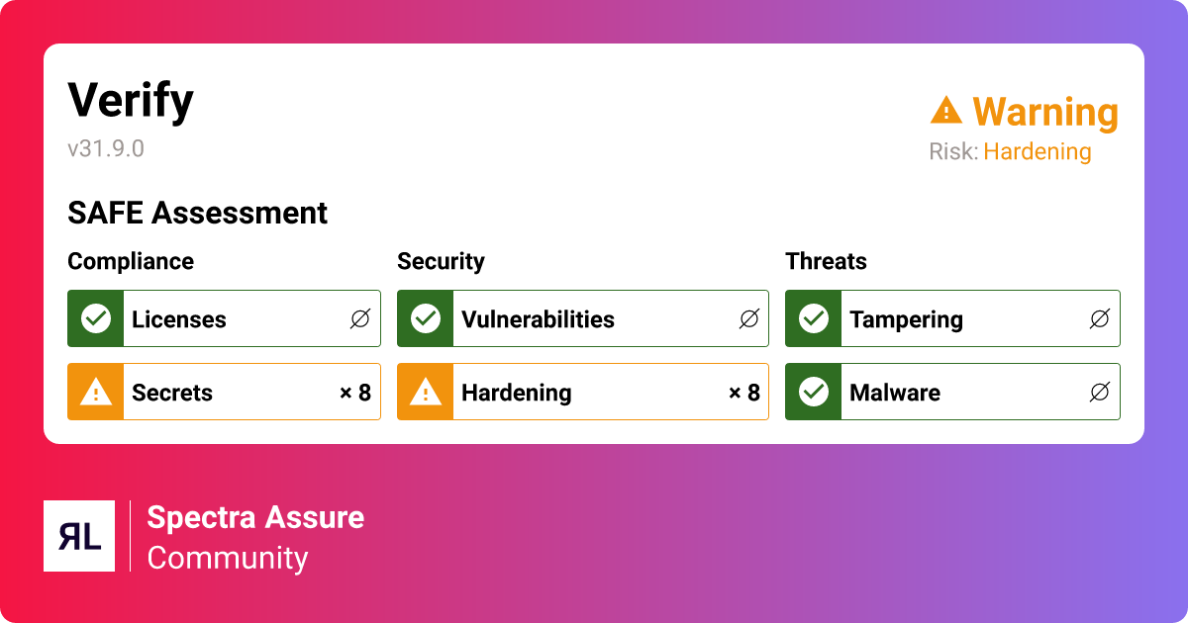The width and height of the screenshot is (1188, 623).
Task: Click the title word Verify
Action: click(x=130, y=101)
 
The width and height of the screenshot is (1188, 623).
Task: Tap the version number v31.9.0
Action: click(x=106, y=148)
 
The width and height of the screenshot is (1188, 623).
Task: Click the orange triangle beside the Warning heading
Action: click(x=946, y=111)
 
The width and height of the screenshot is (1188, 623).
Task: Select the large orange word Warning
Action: click(x=1045, y=113)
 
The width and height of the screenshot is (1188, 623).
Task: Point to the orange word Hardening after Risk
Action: click(x=1037, y=152)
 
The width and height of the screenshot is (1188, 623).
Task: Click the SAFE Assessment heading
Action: click(x=197, y=213)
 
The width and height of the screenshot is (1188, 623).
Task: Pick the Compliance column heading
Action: click(x=131, y=261)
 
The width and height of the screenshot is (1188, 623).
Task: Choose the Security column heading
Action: click(x=441, y=261)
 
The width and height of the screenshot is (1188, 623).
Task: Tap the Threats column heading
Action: click(x=826, y=261)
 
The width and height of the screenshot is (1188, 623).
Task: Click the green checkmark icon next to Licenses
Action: click(x=96, y=318)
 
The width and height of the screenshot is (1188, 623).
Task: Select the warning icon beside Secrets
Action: click(x=96, y=393)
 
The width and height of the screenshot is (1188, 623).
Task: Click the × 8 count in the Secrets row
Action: click(x=354, y=393)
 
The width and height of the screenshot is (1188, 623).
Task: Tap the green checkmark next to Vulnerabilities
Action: click(x=426, y=318)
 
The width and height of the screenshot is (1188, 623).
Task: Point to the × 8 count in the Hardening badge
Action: click(x=743, y=393)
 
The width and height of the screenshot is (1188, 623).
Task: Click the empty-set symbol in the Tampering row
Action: click(x=1099, y=318)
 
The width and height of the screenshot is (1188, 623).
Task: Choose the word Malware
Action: click(x=894, y=393)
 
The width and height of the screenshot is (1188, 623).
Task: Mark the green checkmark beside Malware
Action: click(x=814, y=393)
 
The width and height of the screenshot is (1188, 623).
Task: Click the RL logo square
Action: click(x=79, y=536)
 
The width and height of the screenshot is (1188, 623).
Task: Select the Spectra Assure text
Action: click(x=255, y=517)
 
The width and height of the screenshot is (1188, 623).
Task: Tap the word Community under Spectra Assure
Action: click(x=228, y=558)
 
